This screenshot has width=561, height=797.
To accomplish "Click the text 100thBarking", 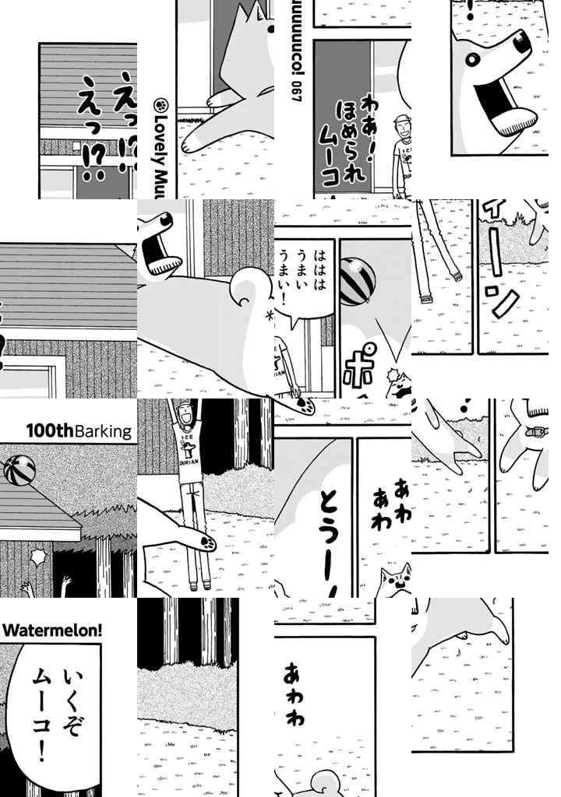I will coord(79,430).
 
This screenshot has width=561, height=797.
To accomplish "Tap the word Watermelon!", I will coord(53,629).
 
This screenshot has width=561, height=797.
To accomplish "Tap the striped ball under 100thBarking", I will coord(18,471).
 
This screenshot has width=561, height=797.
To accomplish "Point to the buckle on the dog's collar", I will coord(536,432).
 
